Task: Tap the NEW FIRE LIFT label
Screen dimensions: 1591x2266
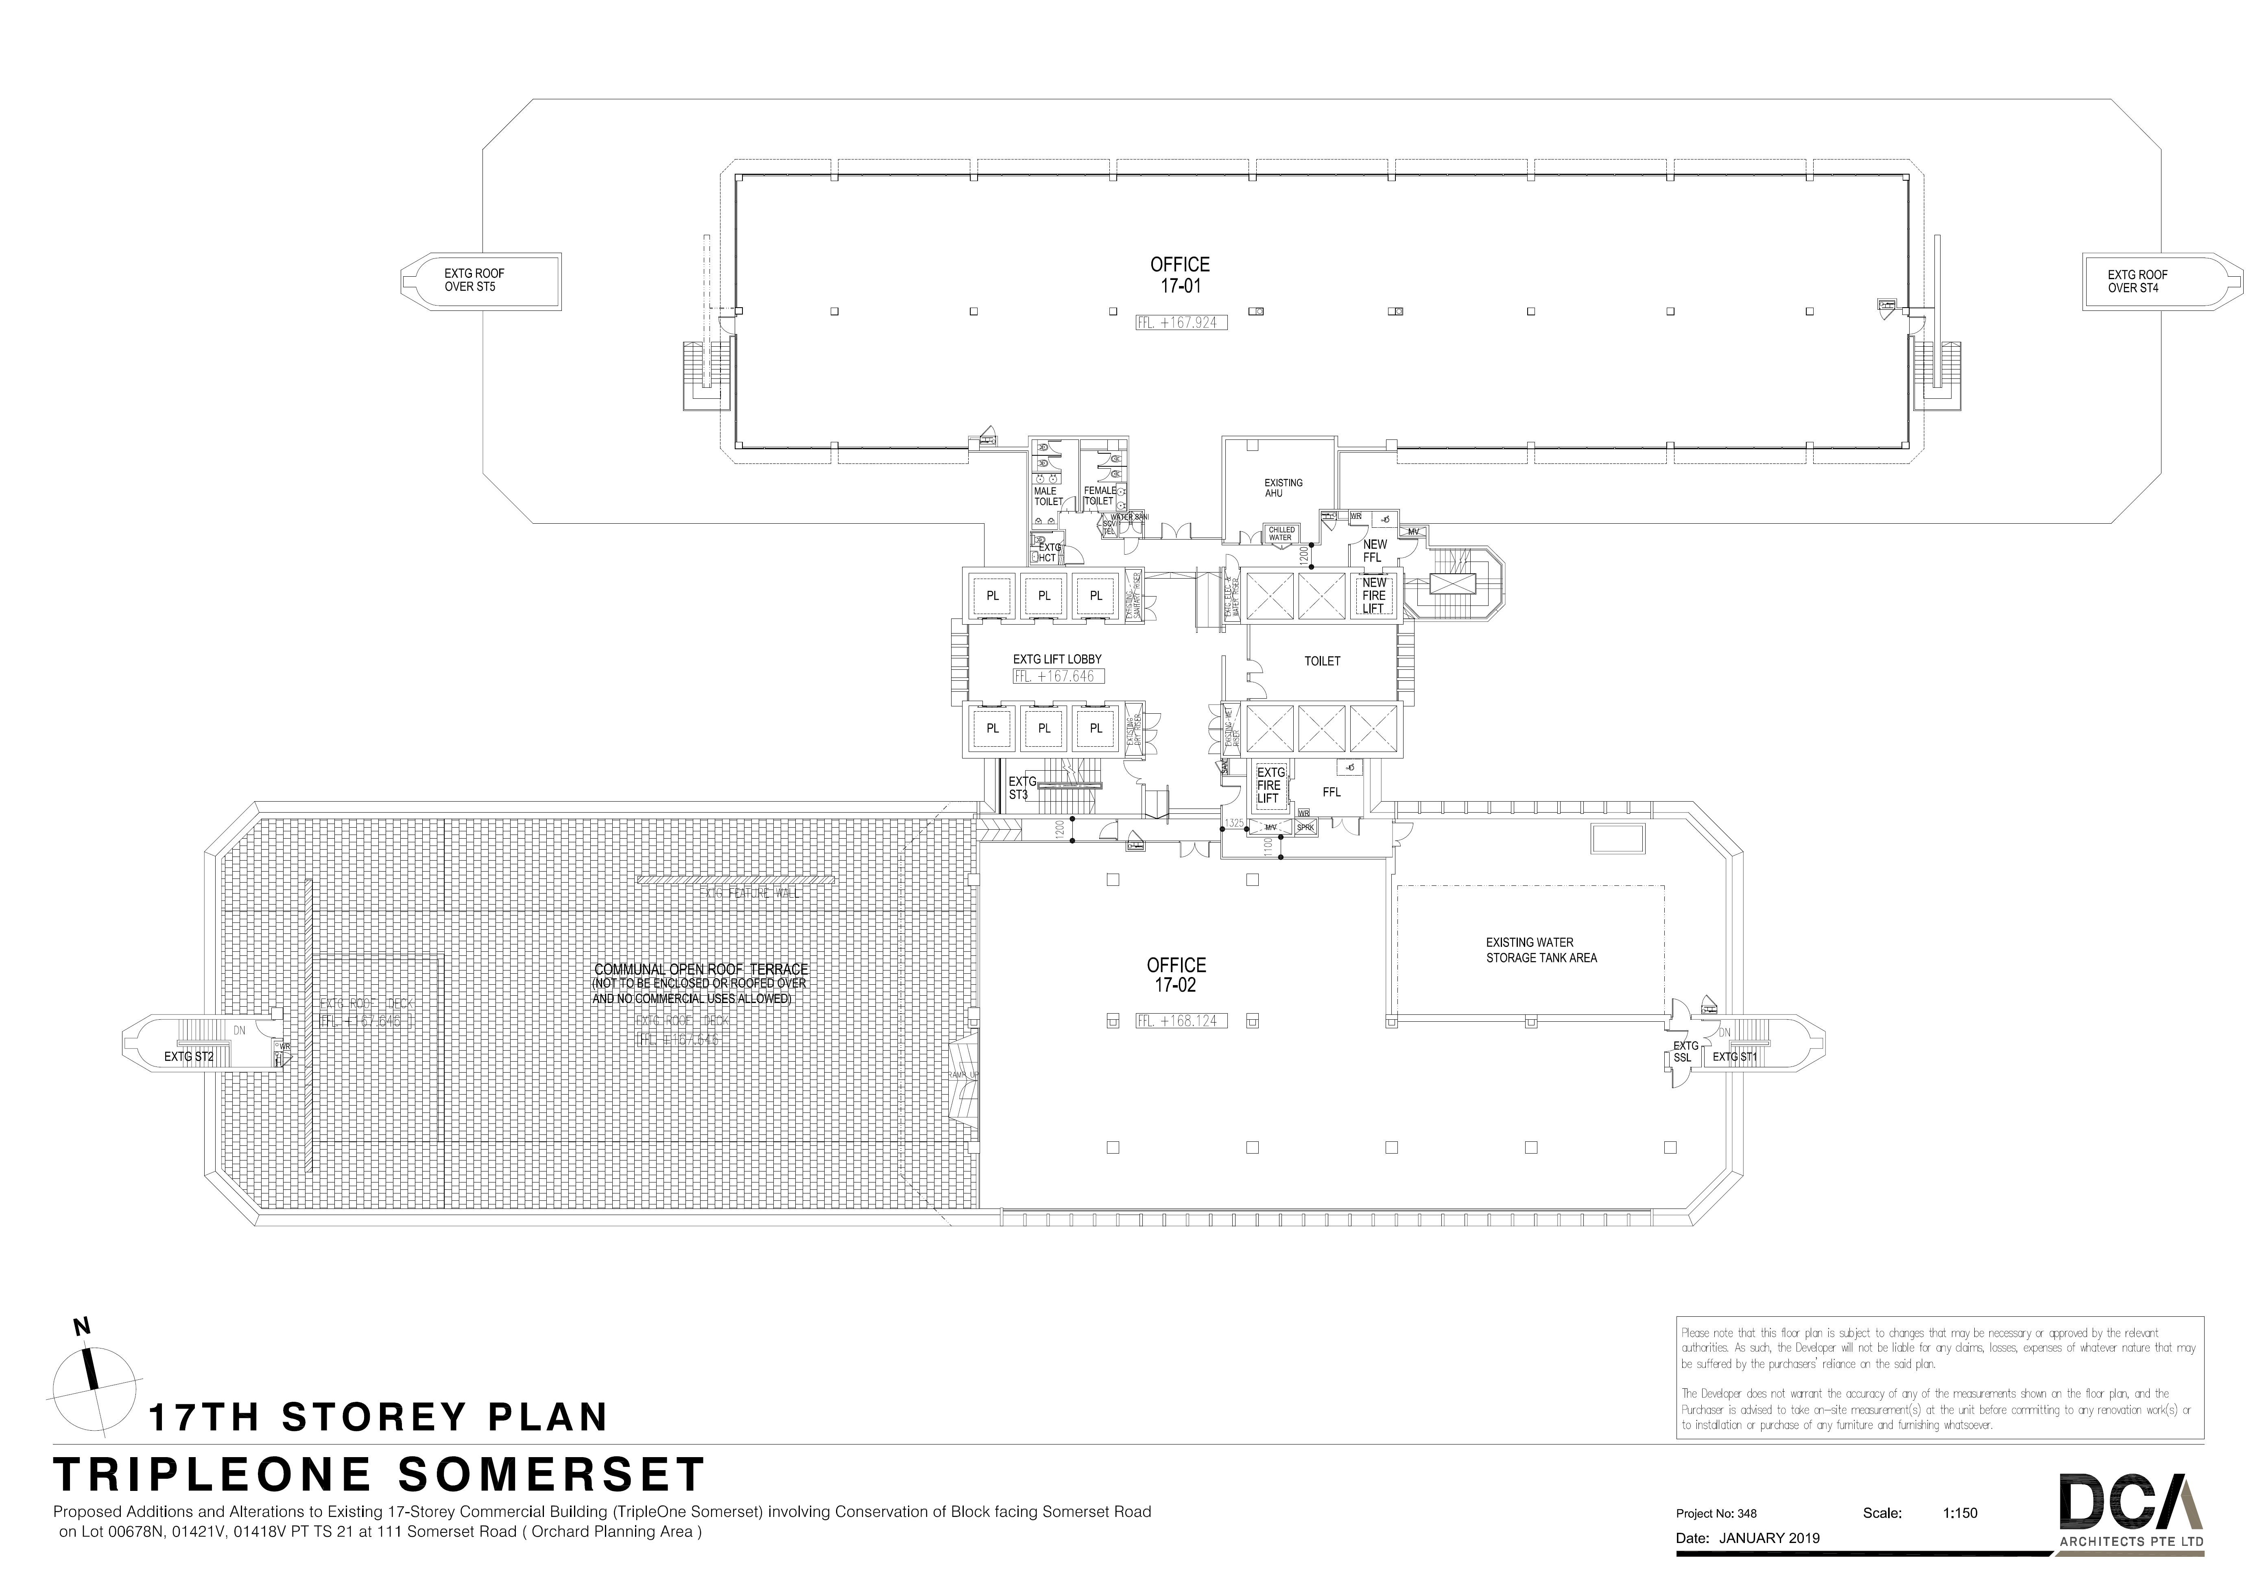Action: pos(1374,595)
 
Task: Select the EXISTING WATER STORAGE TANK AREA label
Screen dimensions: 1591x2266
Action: pos(1541,949)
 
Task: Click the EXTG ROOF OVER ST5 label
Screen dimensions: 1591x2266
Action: pos(475,280)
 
